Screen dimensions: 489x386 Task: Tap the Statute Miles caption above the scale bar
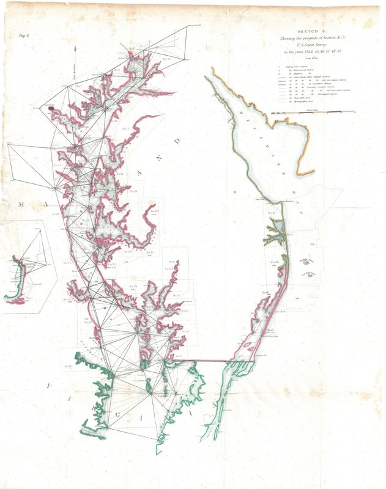(x=313, y=109)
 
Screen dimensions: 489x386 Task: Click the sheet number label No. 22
(x=56, y=215)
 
